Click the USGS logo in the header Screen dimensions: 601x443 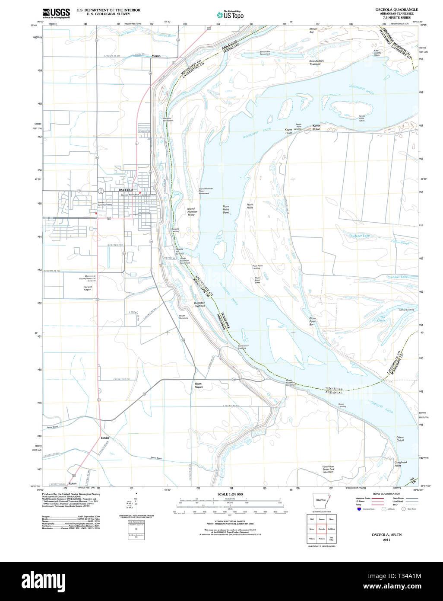pyautogui.click(x=56, y=13)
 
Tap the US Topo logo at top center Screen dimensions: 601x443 pyautogui.click(x=230, y=15)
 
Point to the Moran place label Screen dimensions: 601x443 pyautogui.click(x=156, y=56)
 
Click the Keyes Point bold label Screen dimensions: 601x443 pyautogui.click(x=316, y=127)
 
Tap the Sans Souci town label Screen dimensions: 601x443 pyautogui.click(x=199, y=385)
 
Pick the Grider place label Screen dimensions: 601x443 pyautogui.click(x=105, y=438)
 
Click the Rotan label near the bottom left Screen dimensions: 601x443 pyautogui.click(x=72, y=483)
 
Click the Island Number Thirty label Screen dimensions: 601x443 pyautogui.click(x=191, y=211)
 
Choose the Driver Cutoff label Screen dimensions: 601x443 pyautogui.click(x=400, y=439)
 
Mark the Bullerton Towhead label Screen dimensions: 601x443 pyautogui.click(x=199, y=304)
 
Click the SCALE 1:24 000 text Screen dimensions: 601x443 pyautogui.click(x=230, y=494)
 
